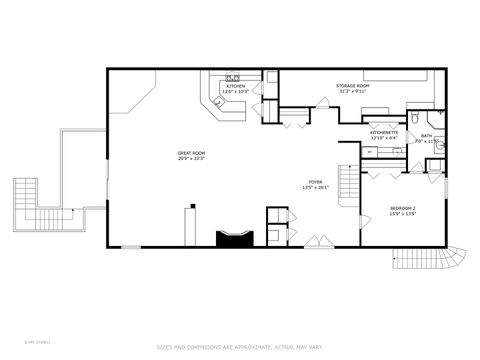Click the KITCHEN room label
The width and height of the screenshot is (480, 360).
coord(235,87)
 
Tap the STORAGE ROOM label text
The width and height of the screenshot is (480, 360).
coord(352,86)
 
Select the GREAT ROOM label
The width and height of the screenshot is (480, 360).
coord(190,152)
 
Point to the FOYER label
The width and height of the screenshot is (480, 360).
coord(315,180)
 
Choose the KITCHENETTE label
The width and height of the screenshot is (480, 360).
coord(384,132)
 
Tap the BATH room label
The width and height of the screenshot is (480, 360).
coord(427,136)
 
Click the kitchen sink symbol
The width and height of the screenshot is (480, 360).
coord(232,76)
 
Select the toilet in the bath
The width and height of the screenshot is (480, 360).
coord(439,146)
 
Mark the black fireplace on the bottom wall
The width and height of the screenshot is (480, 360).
coord(236,237)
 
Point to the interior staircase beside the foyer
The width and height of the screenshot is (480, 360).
coord(348,183)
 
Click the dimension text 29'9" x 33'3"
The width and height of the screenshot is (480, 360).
coord(190,159)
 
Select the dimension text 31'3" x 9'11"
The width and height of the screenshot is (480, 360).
coord(352,93)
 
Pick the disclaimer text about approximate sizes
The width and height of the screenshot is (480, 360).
coord(239,346)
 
